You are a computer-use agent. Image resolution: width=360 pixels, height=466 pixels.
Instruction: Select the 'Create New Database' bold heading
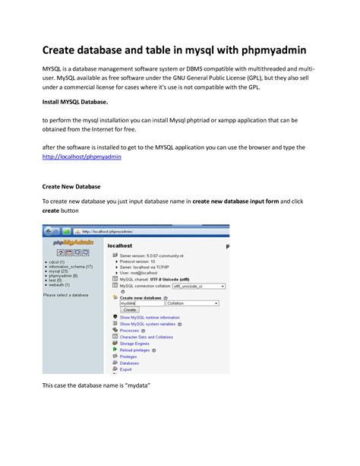tap(71, 185)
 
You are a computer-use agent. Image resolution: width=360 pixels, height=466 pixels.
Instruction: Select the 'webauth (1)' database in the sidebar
tap(60, 285)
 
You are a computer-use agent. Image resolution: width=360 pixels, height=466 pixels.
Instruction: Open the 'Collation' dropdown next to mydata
tap(193, 303)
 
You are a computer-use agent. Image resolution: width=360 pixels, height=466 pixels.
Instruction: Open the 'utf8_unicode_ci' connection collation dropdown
tap(199, 287)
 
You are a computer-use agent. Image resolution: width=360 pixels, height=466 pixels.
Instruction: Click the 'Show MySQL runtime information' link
tap(150, 317)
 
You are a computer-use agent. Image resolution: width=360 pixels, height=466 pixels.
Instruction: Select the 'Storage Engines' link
tap(136, 343)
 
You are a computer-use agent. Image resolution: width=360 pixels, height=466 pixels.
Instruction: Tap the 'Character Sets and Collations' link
tap(147, 336)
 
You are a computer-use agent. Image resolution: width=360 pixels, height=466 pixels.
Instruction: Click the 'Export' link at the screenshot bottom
tap(126, 369)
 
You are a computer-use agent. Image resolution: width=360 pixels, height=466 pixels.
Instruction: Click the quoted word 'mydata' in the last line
tap(136, 385)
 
